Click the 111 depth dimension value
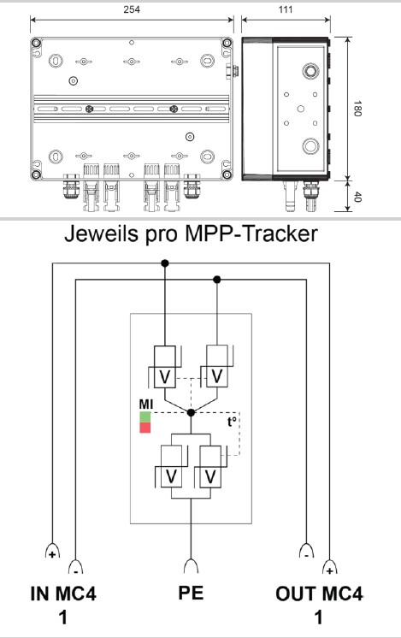(285, 9)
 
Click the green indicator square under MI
(145, 416)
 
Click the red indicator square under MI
(145, 427)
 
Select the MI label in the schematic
(146, 403)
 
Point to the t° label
(232, 422)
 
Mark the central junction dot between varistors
(191, 412)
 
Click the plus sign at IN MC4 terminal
(54, 553)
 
